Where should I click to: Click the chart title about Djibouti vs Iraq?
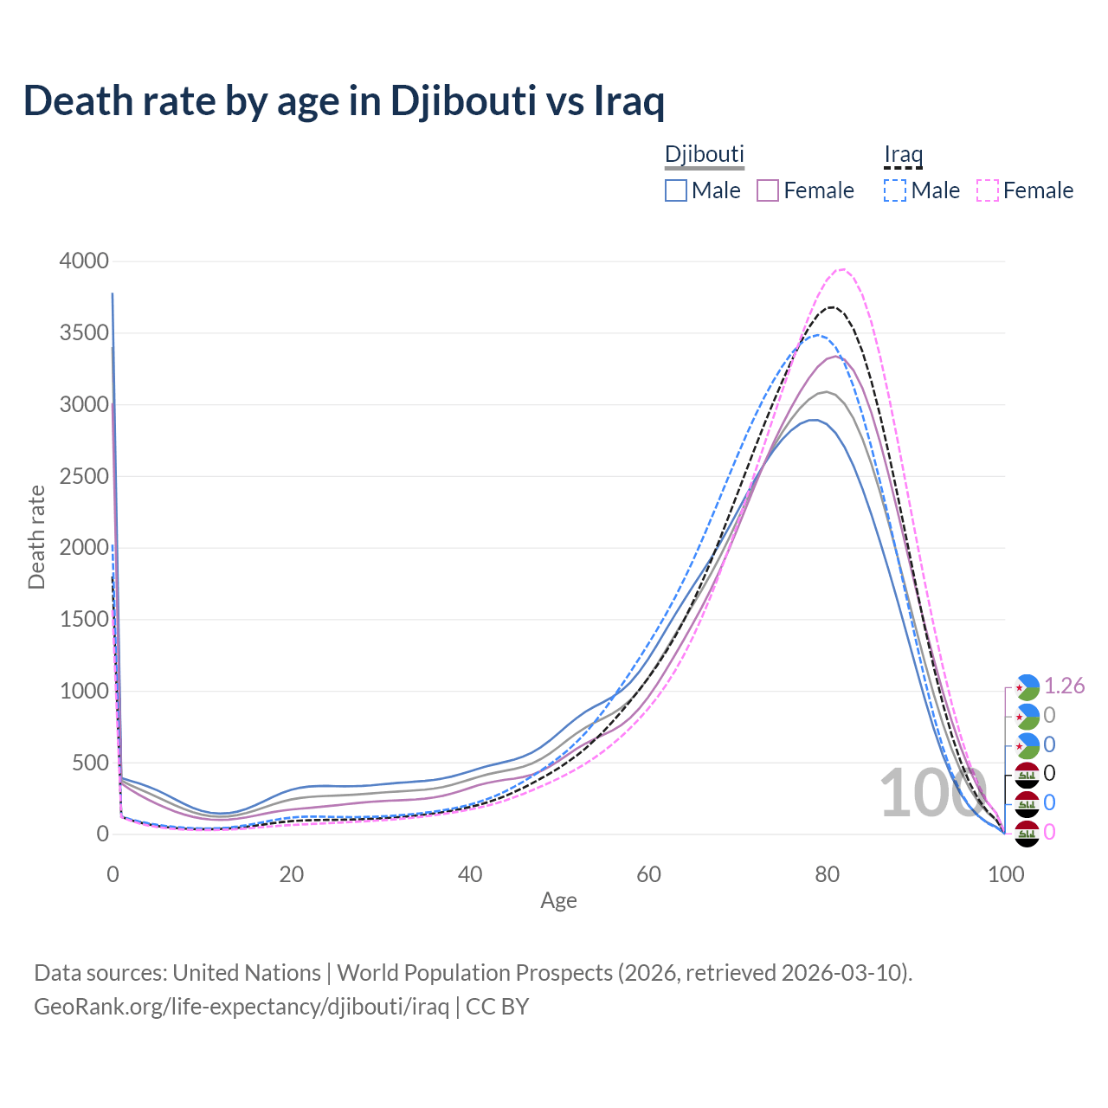(x=344, y=101)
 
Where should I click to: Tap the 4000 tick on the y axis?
(x=84, y=261)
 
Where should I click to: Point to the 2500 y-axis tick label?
(x=84, y=476)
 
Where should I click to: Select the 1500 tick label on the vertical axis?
(x=84, y=619)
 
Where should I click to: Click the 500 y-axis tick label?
(x=89, y=763)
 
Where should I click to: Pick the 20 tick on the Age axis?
(x=292, y=874)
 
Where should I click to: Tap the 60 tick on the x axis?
(x=648, y=874)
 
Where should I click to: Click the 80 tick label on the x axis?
(x=828, y=874)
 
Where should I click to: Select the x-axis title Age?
(x=558, y=901)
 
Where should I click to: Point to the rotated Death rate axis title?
(x=36, y=537)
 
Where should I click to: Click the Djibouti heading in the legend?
(x=705, y=154)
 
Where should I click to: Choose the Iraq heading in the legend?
(x=903, y=155)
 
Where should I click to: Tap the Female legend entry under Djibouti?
(x=806, y=190)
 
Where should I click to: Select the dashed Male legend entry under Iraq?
(x=923, y=190)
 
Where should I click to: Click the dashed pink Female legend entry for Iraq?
(x=1026, y=190)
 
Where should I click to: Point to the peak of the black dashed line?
(x=832, y=307)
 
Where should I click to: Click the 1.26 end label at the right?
(x=1064, y=686)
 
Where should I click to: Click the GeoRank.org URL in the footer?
(x=242, y=1007)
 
